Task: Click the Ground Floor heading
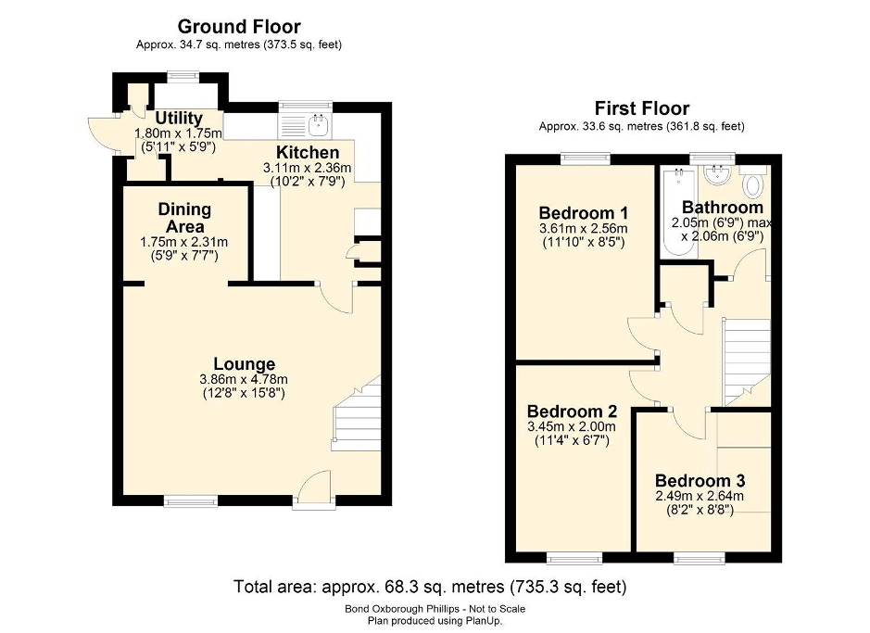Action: point(239,27)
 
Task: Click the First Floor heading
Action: point(641,108)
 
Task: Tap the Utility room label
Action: point(179,119)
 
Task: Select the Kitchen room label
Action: point(308,152)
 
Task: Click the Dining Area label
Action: point(184,219)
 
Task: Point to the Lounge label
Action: point(244,364)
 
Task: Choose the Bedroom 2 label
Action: point(572,411)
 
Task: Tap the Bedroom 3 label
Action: point(700,481)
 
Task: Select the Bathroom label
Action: point(723,207)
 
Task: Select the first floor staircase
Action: point(746,357)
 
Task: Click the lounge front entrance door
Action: point(313,487)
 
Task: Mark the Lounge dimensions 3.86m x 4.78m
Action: point(244,379)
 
